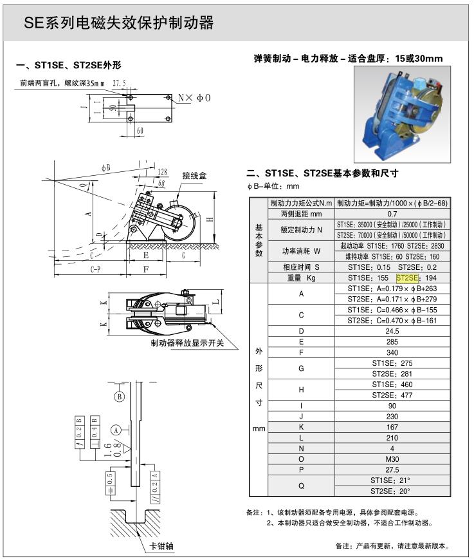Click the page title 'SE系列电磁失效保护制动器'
click(x=118, y=24)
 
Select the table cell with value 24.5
click(x=392, y=330)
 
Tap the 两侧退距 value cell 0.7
click(x=392, y=213)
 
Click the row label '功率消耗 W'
click(x=301, y=251)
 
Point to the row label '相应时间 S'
click(x=301, y=267)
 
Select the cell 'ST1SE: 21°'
click(x=392, y=480)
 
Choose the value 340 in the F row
click(x=392, y=352)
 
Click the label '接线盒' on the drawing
click(x=194, y=175)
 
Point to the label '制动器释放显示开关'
click(x=187, y=343)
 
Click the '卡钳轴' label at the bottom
click(x=161, y=546)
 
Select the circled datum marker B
click(x=119, y=397)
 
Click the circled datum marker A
click(x=116, y=428)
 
